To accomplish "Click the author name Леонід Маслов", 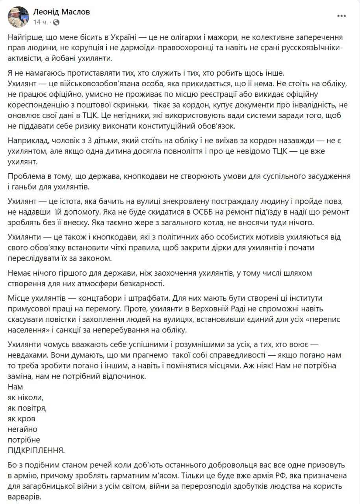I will pos(61,12).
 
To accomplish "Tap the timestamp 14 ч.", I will pos(41,22).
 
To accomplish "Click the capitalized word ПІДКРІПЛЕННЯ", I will pos(36,450).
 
